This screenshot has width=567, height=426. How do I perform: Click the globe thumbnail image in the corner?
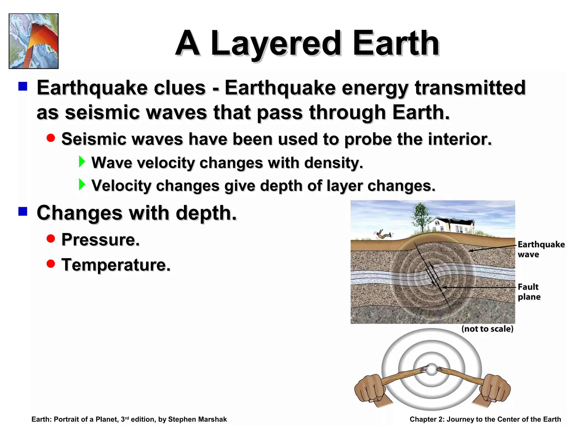(x=33, y=41)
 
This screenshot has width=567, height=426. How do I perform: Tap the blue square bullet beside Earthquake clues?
(x=23, y=87)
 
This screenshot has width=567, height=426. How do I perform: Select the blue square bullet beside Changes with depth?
(x=23, y=211)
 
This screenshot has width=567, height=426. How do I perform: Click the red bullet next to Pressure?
(x=51, y=239)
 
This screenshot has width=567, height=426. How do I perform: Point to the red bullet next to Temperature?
(x=51, y=263)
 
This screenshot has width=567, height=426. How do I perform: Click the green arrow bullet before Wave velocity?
(x=82, y=161)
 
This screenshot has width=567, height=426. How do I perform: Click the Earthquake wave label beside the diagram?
(x=541, y=249)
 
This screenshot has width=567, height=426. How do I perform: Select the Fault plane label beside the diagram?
(x=529, y=291)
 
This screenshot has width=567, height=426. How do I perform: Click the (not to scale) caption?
(x=487, y=329)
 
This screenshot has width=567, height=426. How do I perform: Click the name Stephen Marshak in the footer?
(x=197, y=419)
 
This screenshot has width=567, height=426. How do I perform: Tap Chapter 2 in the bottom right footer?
(x=427, y=419)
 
